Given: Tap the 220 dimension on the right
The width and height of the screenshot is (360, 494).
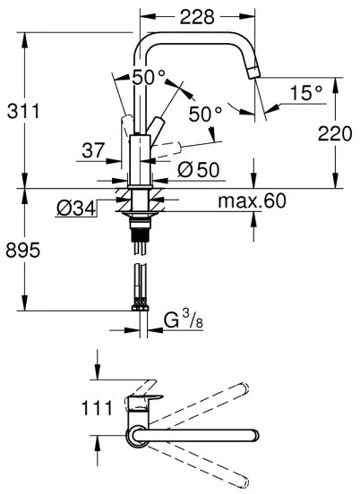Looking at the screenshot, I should point(335,133).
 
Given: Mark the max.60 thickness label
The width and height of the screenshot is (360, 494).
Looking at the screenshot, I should point(252,201).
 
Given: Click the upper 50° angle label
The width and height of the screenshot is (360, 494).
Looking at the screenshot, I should point(150,78).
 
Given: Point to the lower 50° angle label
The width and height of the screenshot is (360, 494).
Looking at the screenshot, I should point(205,115).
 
